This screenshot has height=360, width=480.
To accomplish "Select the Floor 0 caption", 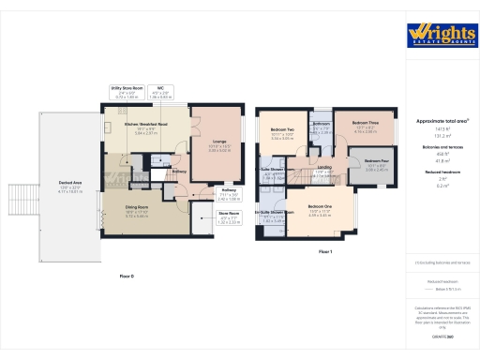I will (127, 277).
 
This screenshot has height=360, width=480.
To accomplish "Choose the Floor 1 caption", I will (325, 252).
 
